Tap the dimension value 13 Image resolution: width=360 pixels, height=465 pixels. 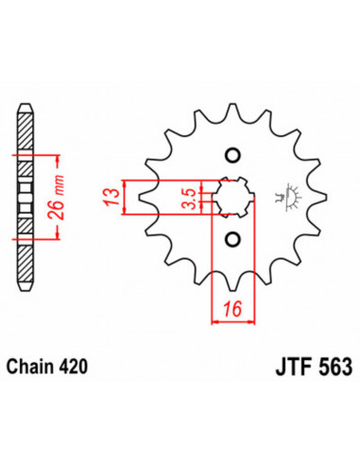tap(111, 198)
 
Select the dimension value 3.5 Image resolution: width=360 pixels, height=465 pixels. tap(189, 198)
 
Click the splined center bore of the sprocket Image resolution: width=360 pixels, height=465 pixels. tap(232, 198)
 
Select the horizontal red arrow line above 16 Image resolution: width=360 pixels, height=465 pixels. tap(232, 321)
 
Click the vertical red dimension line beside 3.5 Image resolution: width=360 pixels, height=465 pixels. tap(199, 198)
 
